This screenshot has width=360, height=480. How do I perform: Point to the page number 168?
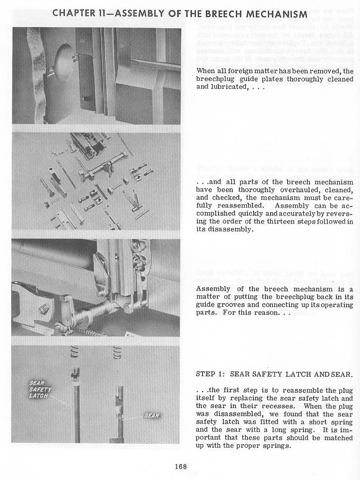click(180, 467)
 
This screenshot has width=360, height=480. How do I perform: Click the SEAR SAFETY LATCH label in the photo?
click(39, 389)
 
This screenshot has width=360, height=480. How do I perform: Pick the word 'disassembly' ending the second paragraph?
click(223, 230)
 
